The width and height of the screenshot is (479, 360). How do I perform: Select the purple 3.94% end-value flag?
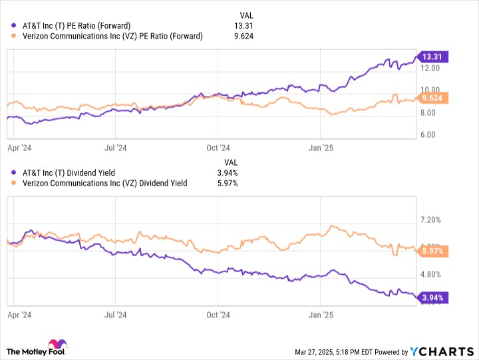click(432, 297)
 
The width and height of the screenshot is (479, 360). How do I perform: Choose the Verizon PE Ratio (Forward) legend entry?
click(112, 36)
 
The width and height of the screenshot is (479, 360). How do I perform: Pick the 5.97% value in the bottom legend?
click(228, 183)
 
